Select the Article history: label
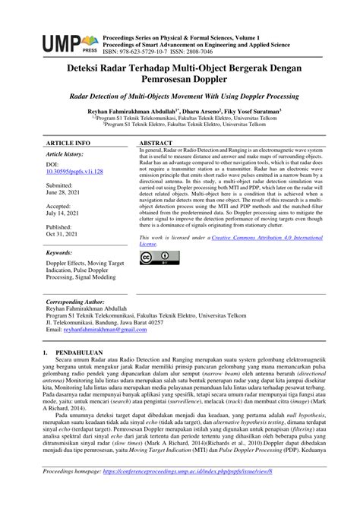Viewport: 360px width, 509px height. [69, 153]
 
